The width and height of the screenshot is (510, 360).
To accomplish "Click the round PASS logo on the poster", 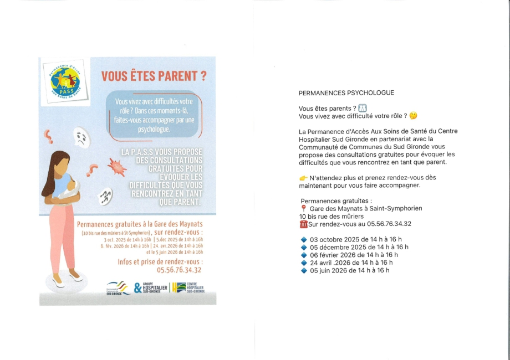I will [65, 81].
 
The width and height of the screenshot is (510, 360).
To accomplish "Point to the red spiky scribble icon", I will [116, 167].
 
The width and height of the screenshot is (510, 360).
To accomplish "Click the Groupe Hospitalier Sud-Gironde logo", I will [150, 288].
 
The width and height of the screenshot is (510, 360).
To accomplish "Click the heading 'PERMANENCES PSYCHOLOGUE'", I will [346, 93].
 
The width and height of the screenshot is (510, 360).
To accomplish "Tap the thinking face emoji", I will [413, 116].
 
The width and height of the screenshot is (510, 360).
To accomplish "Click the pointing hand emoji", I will [303, 178].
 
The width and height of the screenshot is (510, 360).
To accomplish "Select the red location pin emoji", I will [303, 208].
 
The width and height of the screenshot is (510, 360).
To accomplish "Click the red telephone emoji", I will [303, 224].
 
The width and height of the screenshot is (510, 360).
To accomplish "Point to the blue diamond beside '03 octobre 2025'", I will [303, 239].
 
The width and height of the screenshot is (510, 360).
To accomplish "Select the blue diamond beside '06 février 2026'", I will [303, 255].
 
